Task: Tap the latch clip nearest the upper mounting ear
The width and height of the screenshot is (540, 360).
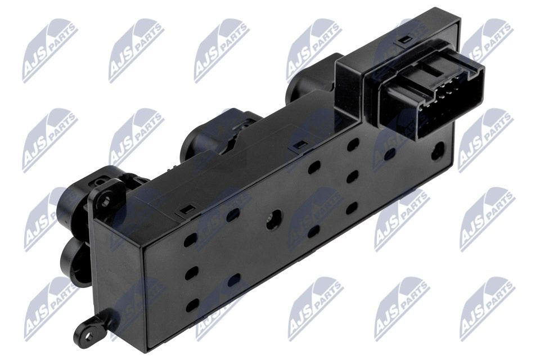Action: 185,213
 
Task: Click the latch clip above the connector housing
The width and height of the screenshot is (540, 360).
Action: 404,40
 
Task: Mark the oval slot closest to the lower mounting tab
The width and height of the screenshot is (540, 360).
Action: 192,305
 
